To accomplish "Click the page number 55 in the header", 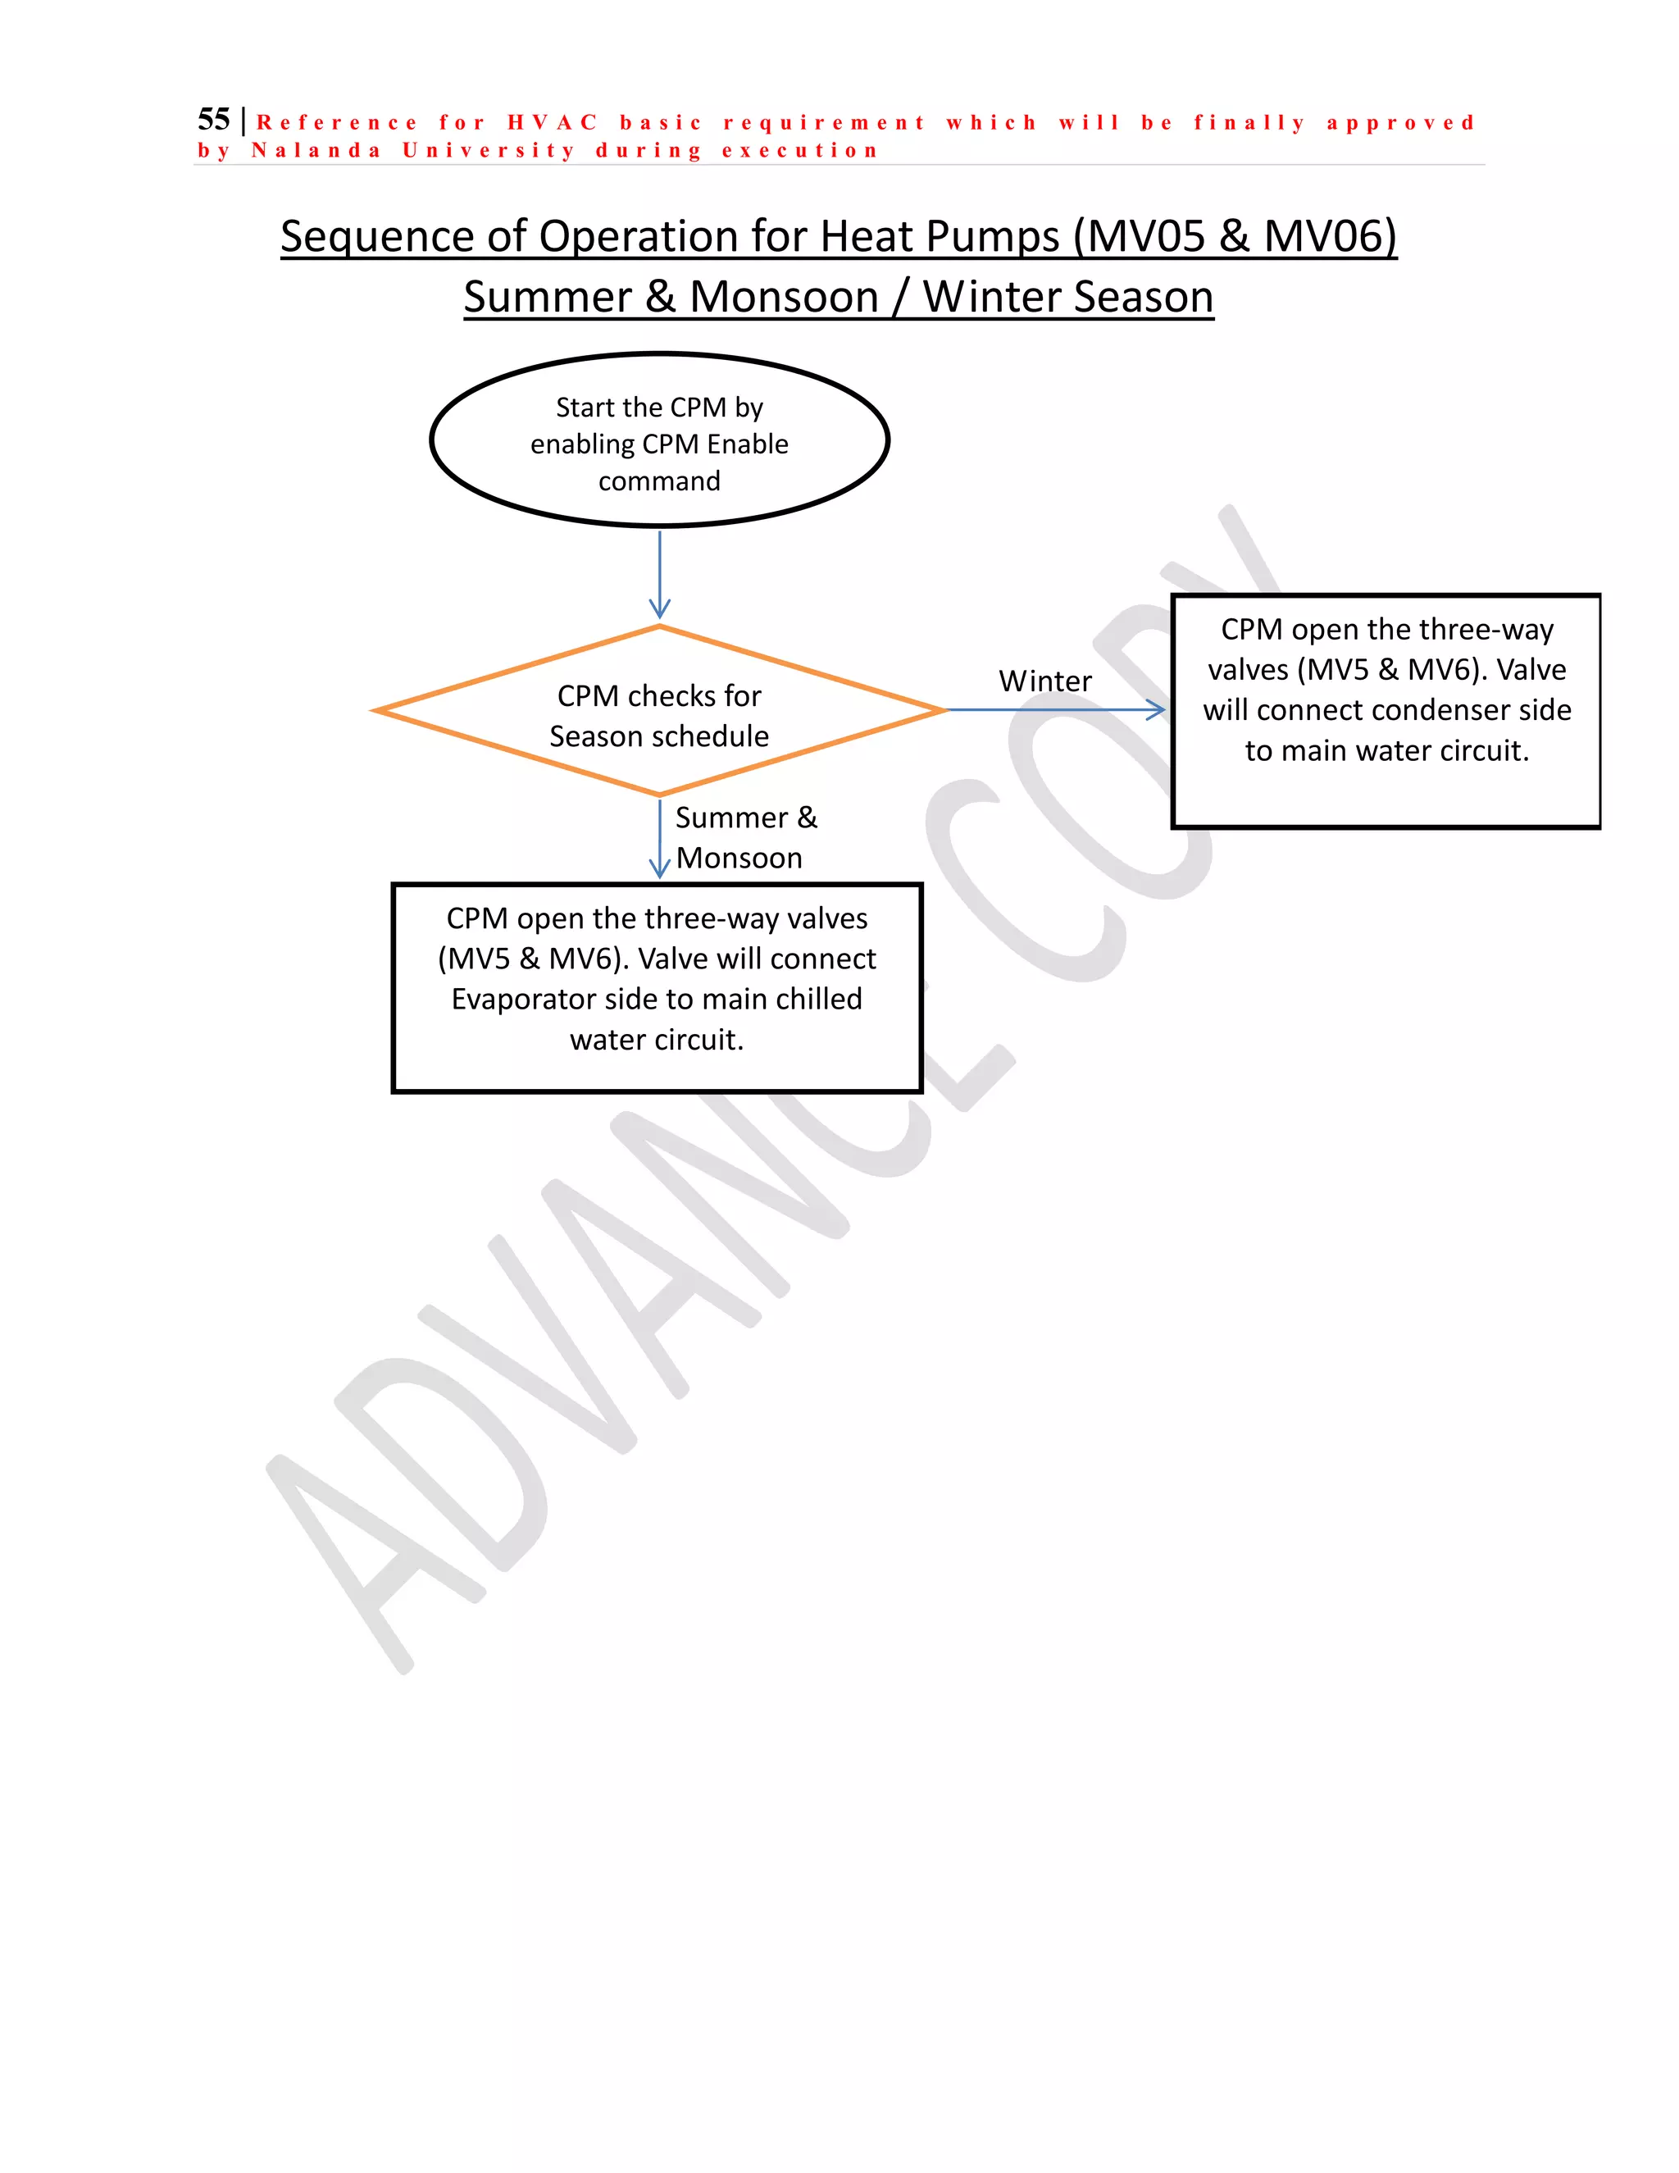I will [x=214, y=120].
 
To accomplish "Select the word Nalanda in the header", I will [x=316, y=150].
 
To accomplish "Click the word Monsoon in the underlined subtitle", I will [x=784, y=297].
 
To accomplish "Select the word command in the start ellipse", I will [x=659, y=481].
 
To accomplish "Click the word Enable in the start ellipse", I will [x=747, y=444].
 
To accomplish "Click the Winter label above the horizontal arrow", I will [x=1044, y=681].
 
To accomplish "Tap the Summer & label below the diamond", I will [x=746, y=818].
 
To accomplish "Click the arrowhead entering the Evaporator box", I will [x=659, y=868].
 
